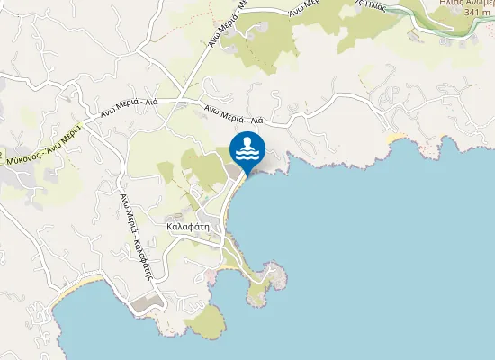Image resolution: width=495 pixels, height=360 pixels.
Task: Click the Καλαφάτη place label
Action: [187, 227]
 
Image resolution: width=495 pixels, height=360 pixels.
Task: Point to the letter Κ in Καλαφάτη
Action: [170, 227]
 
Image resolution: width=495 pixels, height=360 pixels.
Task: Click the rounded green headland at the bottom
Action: [207, 321]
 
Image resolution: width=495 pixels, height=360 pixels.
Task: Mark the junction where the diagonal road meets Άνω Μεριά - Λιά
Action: [181, 100]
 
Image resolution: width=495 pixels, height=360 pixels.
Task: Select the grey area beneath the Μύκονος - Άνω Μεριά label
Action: [18, 175]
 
